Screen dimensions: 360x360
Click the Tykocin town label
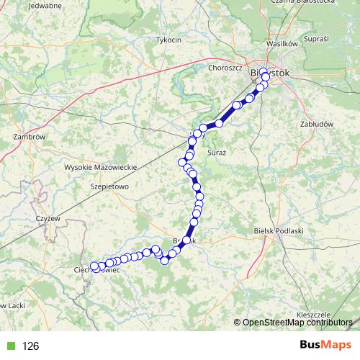pos(168,40)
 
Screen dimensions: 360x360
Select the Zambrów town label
pos(30,137)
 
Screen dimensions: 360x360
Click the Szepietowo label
pos(107,185)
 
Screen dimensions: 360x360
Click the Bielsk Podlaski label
pos(280,230)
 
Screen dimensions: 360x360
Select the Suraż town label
pos(216,154)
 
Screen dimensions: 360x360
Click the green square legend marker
pos(9,346)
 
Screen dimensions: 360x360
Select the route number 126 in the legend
pos(30,346)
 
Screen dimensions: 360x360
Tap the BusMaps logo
pos(325,345)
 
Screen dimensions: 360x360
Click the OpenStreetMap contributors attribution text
pos(297,323)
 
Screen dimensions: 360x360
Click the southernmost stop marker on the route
pos(165,260)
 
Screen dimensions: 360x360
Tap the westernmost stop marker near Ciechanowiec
pos(94,266)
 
